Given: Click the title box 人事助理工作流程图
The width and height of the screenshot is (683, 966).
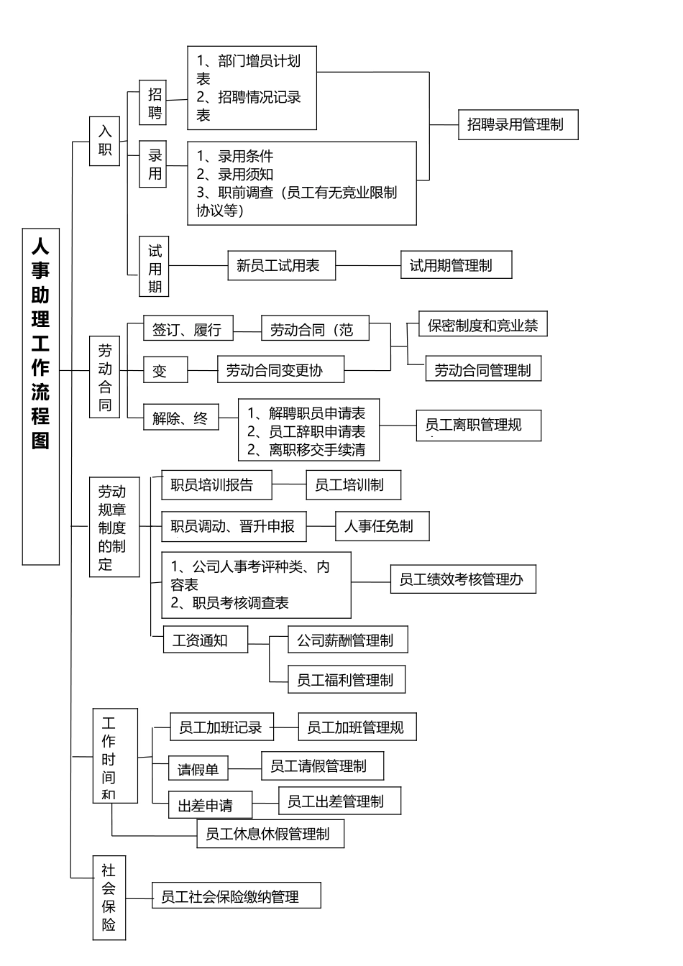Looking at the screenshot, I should coord(41,396).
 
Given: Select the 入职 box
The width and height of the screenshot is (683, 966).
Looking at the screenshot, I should coord(105,141).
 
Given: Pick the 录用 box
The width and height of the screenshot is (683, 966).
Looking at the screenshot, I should coord(155,165).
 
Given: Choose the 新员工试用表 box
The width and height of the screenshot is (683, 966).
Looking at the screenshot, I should coord(278,266).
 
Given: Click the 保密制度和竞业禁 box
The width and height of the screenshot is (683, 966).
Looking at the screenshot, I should coord(483,326).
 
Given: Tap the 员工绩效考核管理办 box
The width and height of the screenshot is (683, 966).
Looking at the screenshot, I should coord(462,579).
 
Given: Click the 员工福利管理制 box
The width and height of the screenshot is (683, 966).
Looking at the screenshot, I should coord(345,680).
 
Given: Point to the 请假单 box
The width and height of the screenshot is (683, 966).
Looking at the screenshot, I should coord(198,769).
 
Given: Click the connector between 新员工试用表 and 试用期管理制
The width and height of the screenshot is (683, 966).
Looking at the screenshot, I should coord(368,266).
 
